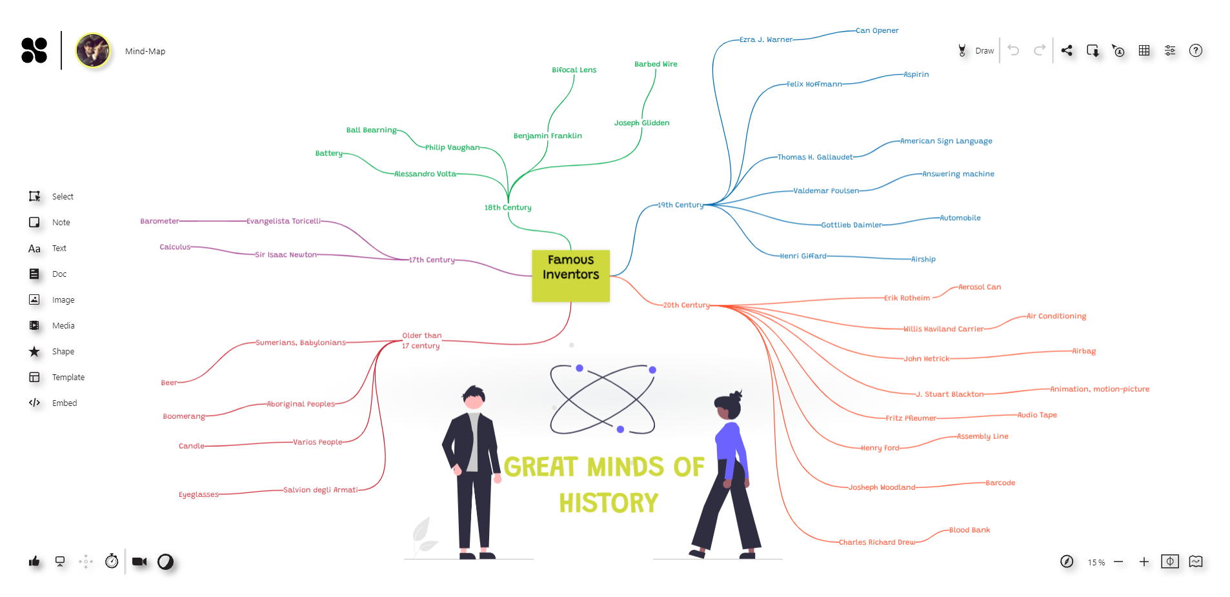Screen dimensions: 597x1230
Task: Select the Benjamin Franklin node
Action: [x=547, y=136]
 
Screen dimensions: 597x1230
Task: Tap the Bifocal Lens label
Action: [x=574, y=70]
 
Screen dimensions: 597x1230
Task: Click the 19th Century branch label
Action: [x=680, y=205]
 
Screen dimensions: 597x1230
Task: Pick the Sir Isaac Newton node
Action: [x=285, y=254]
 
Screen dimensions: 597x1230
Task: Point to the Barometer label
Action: [x=159, y=221]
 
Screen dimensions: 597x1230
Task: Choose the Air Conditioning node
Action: [x=1056, y=316]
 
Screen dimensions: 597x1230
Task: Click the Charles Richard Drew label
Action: [x=876, y=542]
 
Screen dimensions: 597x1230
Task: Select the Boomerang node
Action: [x=184, y=416]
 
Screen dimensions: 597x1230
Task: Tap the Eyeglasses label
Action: [x=198, y=494]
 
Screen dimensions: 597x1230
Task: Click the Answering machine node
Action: [x=958, y=174]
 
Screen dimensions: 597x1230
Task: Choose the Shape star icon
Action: [x=35, y=351]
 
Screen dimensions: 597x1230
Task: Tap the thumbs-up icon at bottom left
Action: [x=34, y=562]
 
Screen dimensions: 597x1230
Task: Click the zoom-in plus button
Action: [x=1144, y=562]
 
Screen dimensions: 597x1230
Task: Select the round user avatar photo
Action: [x=93, y=50]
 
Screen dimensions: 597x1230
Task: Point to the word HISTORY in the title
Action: [x=609, y=503]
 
